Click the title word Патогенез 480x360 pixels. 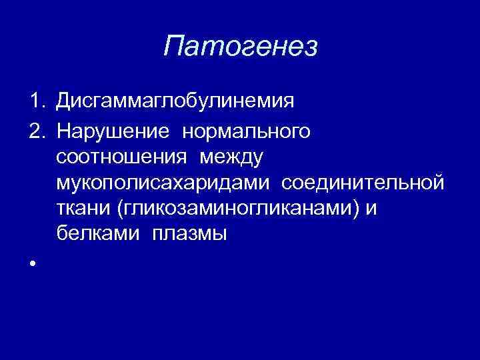241,47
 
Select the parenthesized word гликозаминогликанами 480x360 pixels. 237,209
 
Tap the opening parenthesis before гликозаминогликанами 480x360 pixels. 119,209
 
